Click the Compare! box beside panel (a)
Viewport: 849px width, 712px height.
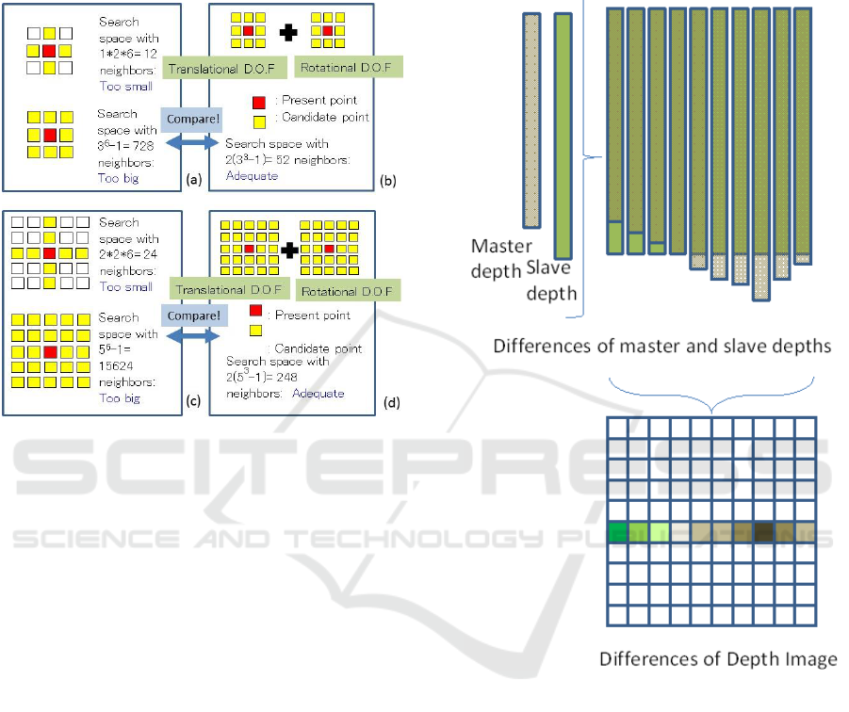193,120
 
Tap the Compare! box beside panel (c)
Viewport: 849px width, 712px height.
193,316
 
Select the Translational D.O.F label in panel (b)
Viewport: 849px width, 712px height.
214,68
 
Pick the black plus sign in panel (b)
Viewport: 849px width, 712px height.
289,34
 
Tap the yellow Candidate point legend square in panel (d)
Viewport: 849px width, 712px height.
255,332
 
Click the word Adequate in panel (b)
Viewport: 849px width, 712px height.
252,176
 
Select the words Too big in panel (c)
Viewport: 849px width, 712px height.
119,398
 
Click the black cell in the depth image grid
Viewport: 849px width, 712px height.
763,533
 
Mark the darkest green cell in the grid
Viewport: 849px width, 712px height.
618,533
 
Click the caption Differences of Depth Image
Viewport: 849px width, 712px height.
718,658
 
